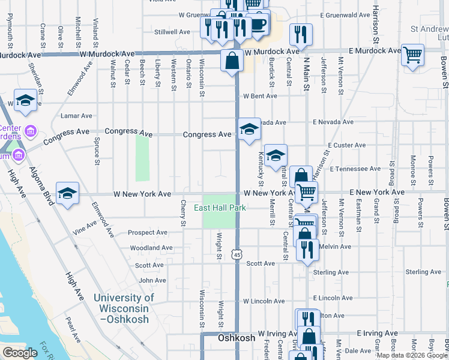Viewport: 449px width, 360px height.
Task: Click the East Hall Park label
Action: click(220, 208)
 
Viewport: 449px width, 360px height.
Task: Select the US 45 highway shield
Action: click(238, 256)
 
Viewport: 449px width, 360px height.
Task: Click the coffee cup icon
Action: click(259, 23)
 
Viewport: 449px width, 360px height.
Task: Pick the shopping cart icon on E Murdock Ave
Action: click(412, 55)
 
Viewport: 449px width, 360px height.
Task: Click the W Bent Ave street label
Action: click(259, 96)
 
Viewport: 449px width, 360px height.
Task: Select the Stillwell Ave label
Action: click(172, 32)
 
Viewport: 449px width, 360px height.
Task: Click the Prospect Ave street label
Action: click(149, 233)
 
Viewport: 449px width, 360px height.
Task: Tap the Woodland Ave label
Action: click(148, 248)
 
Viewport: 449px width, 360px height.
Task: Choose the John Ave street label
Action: click(152, 280)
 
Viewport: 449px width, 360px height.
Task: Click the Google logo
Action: click(20, 353)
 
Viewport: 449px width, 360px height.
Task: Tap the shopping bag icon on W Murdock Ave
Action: click(232, 60)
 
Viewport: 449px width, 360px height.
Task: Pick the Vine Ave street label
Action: click(84, 227)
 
